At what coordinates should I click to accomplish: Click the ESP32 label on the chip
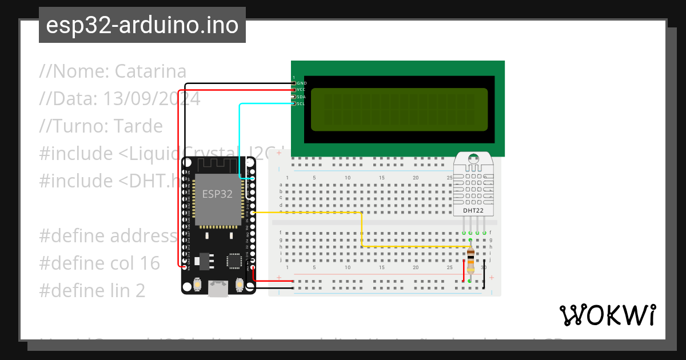coord(217,194)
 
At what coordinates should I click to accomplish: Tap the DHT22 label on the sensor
coord(472,211)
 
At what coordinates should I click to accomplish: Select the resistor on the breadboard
coord(470,260)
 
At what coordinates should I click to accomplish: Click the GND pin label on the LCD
coord(302,83)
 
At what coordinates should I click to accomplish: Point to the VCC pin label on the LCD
coord(302,90)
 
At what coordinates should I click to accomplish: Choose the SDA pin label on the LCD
coord(301,97)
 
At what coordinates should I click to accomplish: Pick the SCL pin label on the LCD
coord(301,104)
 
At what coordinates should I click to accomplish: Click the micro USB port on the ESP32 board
coord(218,289)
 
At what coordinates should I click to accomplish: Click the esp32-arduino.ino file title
coord(142,25)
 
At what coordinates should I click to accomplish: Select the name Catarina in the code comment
coord(150,71)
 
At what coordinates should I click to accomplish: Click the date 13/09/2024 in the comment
coord(151,99)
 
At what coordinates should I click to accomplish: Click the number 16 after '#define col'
coord(150,263)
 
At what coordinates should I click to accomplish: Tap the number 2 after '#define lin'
coord(140,290)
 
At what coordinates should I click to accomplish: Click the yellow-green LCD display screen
coord(399,109)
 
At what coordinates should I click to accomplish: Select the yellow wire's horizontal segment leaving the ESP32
coord(309,213)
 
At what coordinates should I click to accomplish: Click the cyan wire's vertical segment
coord(239,140)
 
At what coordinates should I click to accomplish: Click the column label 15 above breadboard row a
coord(382,178)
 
